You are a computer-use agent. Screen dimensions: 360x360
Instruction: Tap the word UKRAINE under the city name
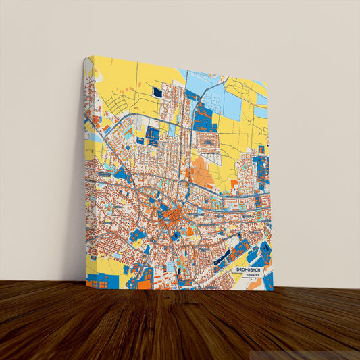[251, 276]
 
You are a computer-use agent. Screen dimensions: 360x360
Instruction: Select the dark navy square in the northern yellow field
[157, 92]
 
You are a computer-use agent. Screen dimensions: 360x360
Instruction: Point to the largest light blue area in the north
[230, 105]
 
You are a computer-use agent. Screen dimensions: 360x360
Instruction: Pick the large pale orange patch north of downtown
[202, 174]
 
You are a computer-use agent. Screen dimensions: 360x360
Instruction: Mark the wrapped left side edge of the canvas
[86, 169]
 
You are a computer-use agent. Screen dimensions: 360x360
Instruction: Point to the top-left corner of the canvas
[86, 57]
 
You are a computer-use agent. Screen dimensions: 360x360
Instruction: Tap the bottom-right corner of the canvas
[274, 291]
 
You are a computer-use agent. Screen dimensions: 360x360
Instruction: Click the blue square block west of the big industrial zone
[153, 135]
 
